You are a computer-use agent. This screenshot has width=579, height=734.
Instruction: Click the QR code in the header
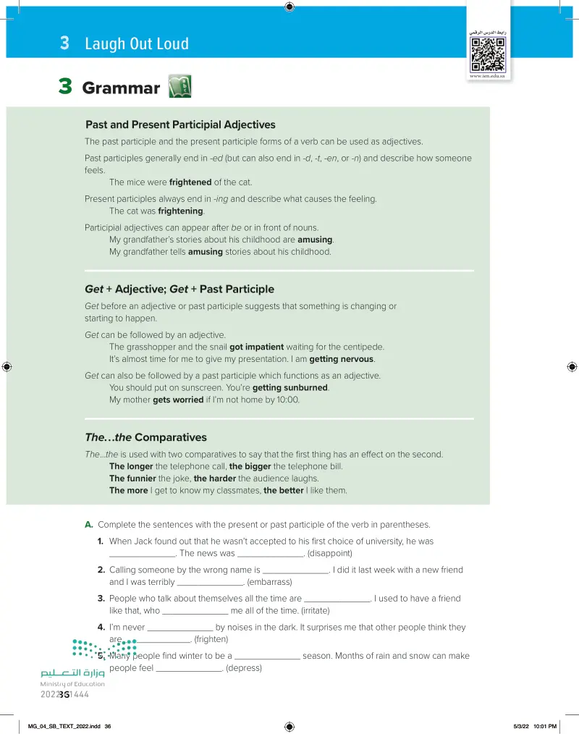tap(487, 52)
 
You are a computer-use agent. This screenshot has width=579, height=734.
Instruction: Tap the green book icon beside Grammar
tap(179, 88)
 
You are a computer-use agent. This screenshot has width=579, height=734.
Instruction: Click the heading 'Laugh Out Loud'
tap(137, 43)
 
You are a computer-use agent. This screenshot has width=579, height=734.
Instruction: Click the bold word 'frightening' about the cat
tap(180, 211)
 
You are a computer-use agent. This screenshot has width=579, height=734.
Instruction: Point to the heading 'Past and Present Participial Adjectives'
tap(180, 125)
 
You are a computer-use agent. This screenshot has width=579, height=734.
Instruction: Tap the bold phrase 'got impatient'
tap(257, 347)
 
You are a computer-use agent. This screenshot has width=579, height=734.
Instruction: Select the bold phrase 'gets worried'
tap(178, 400)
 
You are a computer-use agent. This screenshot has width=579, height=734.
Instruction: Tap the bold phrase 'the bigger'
tap(250, 466)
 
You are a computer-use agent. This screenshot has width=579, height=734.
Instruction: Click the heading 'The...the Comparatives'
tap(145, 437)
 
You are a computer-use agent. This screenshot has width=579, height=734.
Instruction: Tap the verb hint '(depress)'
tap(244, 668)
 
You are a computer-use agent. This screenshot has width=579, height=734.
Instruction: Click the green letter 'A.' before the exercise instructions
tap(90, 525)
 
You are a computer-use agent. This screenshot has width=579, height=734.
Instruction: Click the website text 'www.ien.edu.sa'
tap(487, 75)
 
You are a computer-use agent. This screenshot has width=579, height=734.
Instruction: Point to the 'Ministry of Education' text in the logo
tap(72, 684)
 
